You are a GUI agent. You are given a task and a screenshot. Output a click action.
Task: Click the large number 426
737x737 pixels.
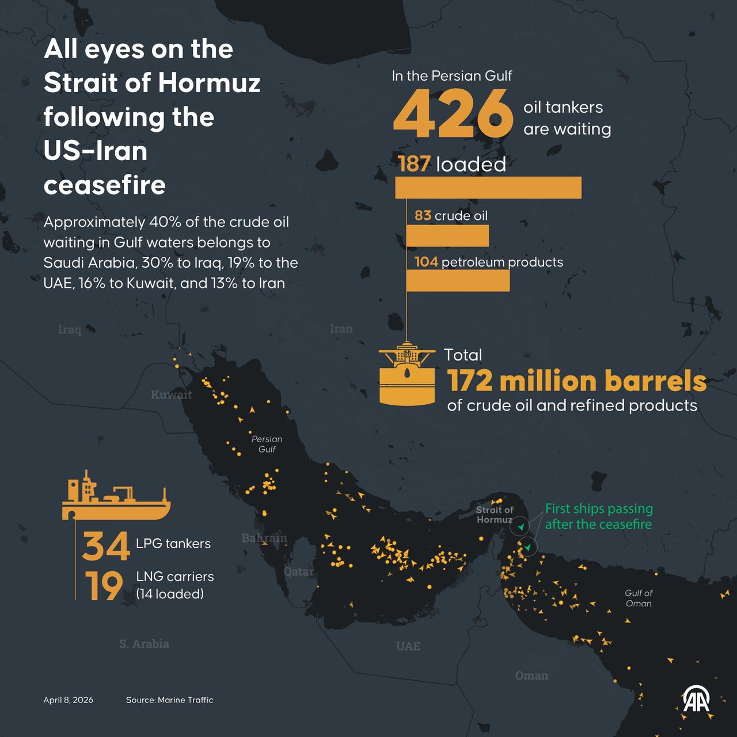(x=453, y=116)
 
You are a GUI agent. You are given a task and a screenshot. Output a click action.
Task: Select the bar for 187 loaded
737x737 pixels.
(x=488, y=188)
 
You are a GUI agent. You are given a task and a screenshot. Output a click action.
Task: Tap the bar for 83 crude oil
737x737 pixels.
(x=447, y=236)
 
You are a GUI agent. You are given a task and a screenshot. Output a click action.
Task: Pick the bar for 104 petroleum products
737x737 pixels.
(x=458, y=280)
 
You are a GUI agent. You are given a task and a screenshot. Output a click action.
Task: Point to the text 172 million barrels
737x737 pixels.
(x=577, y=381)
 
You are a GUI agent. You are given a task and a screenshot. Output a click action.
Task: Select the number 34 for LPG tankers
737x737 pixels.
(x=105, y=546)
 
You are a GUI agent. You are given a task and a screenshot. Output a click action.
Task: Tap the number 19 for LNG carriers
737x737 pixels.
(x=104, y=586)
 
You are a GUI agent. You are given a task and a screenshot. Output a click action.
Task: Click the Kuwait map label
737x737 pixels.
(x=171, y=394)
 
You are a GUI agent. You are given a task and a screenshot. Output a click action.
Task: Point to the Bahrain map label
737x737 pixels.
(x=264, y=538)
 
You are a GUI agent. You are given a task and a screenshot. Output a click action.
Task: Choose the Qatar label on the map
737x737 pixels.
(x=299, y=571)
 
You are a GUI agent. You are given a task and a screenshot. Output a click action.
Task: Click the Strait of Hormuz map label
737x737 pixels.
(x=494, y=515)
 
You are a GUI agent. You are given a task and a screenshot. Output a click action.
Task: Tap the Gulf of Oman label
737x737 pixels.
(x=639, y=598)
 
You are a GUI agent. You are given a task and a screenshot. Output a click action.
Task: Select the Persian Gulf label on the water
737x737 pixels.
(x=267, y=444)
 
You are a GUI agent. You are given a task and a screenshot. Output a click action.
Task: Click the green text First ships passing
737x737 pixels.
(x=599, y=509)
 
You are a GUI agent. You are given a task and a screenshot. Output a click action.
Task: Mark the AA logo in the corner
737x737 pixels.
(x=696, y=700)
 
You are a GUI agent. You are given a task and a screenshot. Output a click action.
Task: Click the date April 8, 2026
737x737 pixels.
(x=68, y=700)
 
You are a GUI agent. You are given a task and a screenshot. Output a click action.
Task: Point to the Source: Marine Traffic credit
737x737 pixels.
(x=169, y=700)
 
